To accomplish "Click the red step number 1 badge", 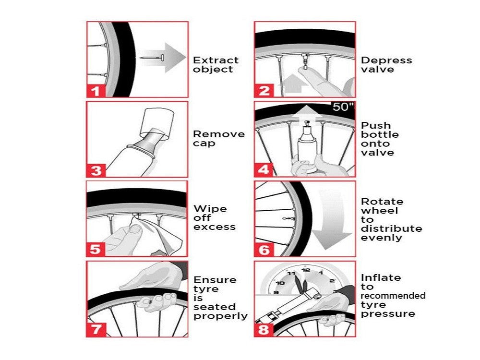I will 96,90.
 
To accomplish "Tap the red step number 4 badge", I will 264,169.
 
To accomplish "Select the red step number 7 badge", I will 96,329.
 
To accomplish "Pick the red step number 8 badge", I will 264,329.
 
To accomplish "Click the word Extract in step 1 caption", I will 216,60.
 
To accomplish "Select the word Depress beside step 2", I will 386,60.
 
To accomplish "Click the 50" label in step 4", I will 343,107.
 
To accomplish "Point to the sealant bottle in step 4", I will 306,146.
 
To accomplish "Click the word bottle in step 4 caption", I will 380,134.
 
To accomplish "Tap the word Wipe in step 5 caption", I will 210,209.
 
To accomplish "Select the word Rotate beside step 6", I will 382,202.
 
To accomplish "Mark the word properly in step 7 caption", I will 220,316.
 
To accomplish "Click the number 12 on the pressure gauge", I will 306,270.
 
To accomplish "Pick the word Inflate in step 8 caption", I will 381,277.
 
